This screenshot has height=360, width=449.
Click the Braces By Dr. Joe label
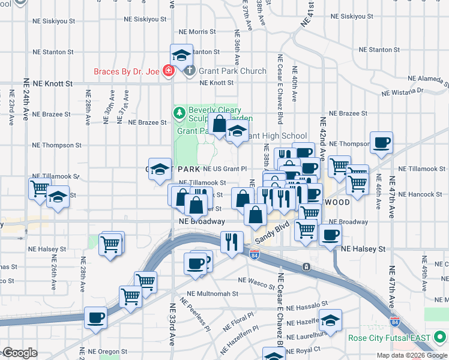[x=127, y=72]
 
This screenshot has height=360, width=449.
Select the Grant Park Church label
[x=232, y=71]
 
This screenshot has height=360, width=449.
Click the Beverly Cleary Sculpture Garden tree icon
[x=179, y=112]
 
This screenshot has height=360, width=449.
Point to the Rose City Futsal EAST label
[x=390, y=338]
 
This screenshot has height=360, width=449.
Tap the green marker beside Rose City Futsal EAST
[x=439, y=337]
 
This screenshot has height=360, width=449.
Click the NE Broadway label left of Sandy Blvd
[x=202, y=221]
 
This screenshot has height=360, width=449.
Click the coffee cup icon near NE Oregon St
[x=95, y=317]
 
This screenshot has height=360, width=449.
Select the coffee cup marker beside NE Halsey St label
[x=330, y=235]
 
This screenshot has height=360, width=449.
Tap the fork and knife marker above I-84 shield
[x=232, y=241]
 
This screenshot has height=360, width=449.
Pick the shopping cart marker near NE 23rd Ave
[x=40, y=188]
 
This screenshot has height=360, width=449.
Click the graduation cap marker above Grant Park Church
[x=181, y=55]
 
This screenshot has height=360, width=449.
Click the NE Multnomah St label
[x=212, y=294]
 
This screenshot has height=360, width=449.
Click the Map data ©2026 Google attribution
[x=412, y=355]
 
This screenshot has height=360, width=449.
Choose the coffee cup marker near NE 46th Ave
[x=381, y=143]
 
